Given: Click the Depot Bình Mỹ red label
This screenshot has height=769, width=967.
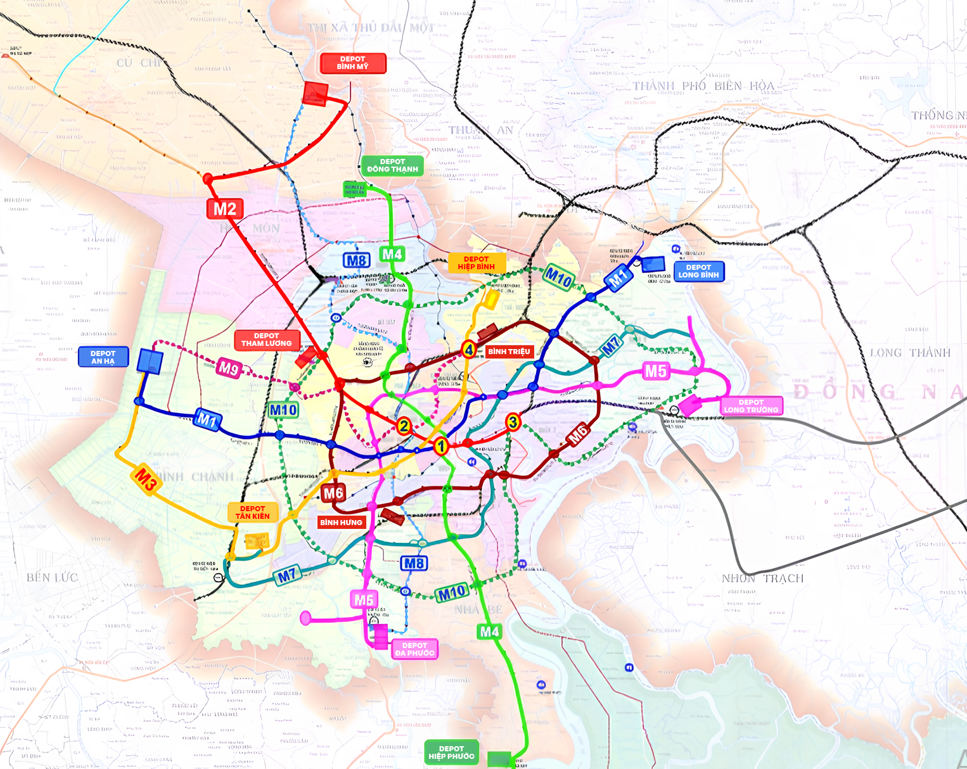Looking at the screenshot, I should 353,63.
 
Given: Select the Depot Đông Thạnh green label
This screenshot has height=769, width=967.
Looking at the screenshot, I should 392,165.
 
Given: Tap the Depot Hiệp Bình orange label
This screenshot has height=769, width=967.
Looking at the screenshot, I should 477,263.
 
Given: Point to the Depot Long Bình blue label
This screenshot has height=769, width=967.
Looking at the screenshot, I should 698,271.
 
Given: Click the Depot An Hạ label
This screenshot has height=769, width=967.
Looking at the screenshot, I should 103,357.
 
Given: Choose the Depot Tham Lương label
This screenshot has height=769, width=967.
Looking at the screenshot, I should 267,340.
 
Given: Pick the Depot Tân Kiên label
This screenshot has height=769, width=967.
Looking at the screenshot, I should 253,512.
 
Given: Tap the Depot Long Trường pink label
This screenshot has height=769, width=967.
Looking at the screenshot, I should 751,406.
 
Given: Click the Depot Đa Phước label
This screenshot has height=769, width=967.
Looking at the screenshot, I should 414,649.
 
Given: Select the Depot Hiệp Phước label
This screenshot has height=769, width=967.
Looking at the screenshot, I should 451,753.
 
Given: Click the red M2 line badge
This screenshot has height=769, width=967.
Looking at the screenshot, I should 225,209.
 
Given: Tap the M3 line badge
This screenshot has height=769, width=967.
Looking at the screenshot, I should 146,480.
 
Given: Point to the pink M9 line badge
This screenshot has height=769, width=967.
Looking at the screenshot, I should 228,367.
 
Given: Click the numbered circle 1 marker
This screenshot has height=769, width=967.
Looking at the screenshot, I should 441,446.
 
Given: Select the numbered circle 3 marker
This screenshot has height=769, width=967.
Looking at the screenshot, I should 513,422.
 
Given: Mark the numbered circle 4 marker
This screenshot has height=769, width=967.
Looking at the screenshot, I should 469,349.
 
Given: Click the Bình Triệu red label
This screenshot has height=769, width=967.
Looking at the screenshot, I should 509,352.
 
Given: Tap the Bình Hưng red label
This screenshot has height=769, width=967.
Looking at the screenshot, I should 341,523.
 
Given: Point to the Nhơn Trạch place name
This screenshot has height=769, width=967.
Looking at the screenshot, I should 762,578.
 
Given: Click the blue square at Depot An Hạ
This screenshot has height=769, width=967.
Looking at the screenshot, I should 150,362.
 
